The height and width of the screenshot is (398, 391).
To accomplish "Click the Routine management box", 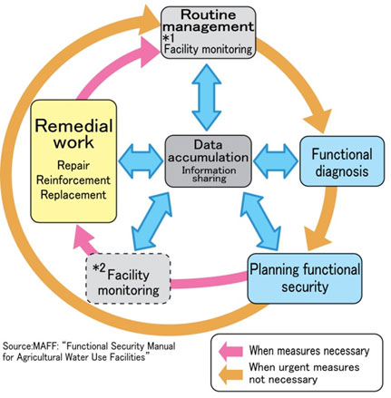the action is click(208, 33).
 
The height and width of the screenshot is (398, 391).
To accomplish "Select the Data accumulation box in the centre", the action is click(208, 160).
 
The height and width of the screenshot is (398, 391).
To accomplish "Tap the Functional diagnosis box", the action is click(342, 161).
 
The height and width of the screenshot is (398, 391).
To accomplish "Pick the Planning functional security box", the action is click(305, 278).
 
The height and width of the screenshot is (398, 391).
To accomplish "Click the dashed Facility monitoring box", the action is click(128, 278).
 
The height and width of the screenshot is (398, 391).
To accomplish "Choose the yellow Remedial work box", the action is click(73, 161).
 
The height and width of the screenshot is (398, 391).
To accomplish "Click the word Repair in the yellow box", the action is click(73, 165).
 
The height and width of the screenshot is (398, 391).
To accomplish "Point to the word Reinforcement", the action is click(73, 180).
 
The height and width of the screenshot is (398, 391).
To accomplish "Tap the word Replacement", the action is click(73, 195).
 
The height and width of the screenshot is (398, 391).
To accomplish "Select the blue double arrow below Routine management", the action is click(207, 97).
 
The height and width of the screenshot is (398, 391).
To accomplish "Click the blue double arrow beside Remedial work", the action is click(141, 160).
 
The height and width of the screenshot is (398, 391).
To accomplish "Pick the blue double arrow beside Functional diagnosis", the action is click(276, 160).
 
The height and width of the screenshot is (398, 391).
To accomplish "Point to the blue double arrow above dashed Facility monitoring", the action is click(152, 221).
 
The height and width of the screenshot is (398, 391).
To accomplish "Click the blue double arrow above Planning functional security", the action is click(260, 221).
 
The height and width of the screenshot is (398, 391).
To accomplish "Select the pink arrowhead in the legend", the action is click(230, 351).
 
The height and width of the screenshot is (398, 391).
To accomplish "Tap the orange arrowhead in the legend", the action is click(230, 374).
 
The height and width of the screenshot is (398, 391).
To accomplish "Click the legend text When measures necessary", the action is click(309, 351).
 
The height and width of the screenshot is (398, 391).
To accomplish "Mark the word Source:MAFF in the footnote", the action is click(24, 345).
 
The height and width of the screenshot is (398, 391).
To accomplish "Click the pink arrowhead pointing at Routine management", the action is click(150, 52).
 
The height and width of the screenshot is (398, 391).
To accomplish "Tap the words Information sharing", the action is click(210, 174).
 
